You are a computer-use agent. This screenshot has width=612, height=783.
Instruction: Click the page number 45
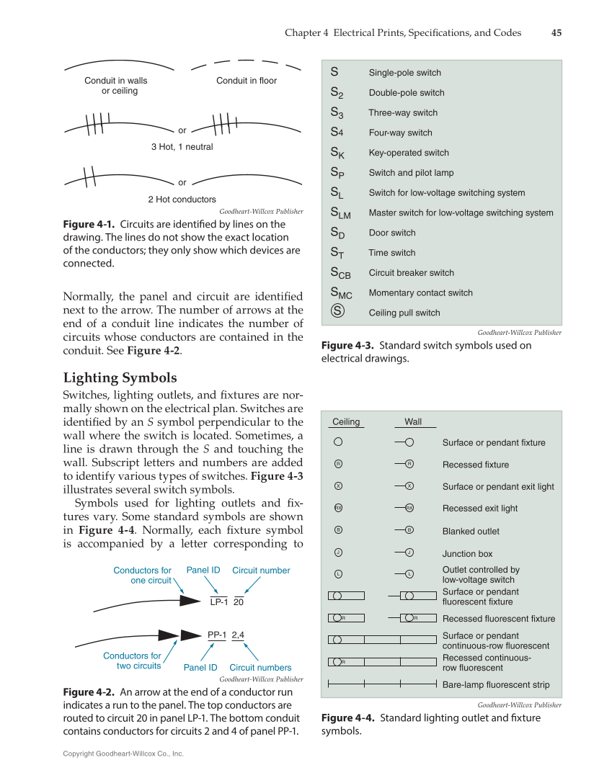[556, 32]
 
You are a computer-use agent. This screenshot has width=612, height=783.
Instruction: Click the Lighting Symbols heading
[120, 378]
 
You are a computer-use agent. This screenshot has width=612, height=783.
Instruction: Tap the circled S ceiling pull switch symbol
[337, 312]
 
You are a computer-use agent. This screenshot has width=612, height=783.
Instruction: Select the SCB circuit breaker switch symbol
[340, 273]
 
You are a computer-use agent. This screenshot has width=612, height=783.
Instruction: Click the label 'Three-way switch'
[402, 112]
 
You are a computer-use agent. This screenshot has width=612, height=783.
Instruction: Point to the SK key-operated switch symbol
[337, 153]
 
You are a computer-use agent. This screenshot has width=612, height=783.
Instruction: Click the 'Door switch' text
[391, 233]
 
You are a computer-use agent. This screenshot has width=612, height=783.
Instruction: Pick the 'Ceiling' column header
[346, 422]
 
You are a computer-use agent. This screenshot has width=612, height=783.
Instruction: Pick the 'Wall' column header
[413, 422]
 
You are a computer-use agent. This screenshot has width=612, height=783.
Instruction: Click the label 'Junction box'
[467, 554]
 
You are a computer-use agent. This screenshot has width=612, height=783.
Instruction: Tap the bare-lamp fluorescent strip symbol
[382, 684]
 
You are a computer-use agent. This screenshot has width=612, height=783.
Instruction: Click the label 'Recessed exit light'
[479, 509]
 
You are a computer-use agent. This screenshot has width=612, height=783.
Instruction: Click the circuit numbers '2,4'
[238, 635]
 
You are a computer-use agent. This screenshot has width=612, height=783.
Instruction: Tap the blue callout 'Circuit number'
[261, 571]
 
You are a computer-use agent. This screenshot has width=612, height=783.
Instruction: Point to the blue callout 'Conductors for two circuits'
[132, 661]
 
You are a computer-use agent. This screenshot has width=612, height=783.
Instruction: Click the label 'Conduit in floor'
[246, 81]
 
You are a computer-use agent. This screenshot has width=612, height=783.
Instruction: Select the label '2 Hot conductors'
[182, 200]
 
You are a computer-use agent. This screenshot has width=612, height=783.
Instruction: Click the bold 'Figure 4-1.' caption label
[89, 224]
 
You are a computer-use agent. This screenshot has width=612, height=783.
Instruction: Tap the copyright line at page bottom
[123, 753]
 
